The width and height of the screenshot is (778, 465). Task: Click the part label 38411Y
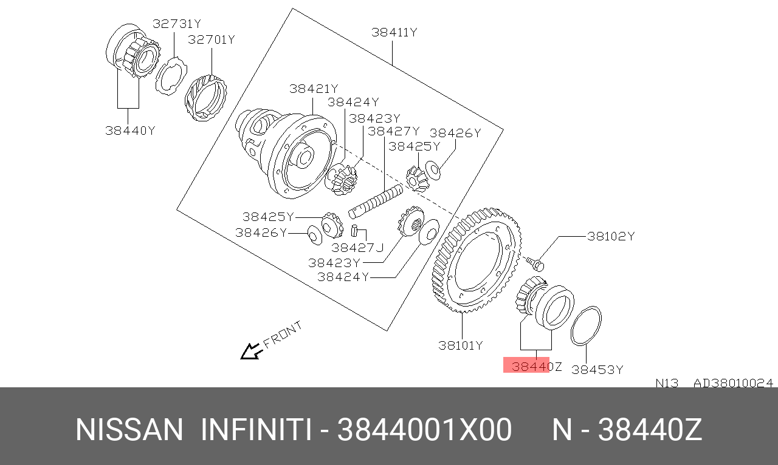[394, 32]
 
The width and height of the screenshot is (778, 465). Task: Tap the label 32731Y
[177, 24]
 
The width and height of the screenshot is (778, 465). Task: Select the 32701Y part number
[212, 39]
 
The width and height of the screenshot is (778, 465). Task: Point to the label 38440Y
[130, 131]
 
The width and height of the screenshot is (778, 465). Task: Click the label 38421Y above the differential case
[314, 89]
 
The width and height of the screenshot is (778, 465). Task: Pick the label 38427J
[358, 248]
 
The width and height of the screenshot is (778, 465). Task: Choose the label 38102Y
[611, 236]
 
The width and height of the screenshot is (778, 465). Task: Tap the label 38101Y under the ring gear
[461, 345]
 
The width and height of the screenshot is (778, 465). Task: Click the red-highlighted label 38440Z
[537, 367]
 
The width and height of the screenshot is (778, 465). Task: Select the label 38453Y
[597, 370]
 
